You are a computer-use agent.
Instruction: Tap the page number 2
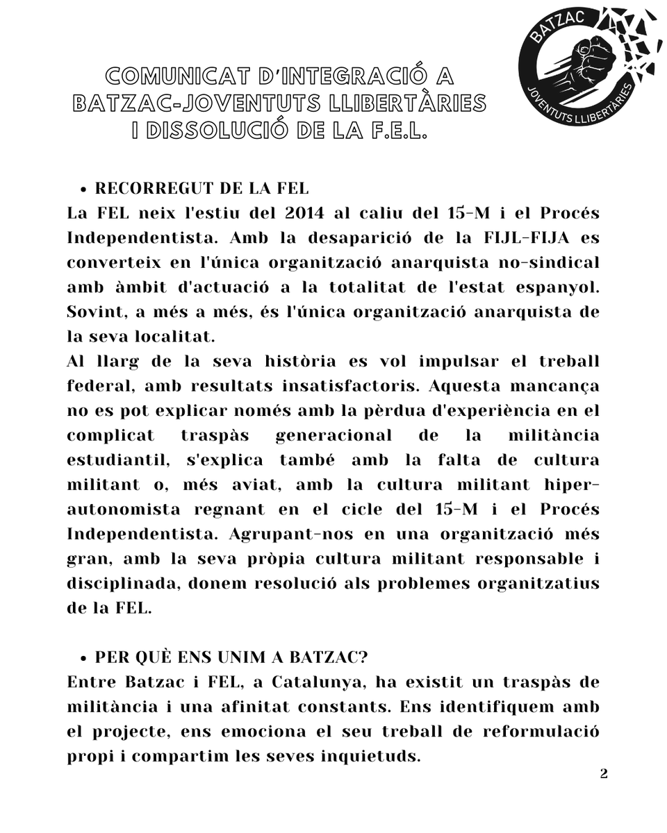click(604, 774)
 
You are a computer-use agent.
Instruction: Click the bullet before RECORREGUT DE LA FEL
click(83, 190)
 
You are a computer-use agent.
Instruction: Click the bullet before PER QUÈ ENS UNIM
click(83, 657)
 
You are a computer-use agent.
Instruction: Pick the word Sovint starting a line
click(92, 312)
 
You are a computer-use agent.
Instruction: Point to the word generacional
click(333, 435)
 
